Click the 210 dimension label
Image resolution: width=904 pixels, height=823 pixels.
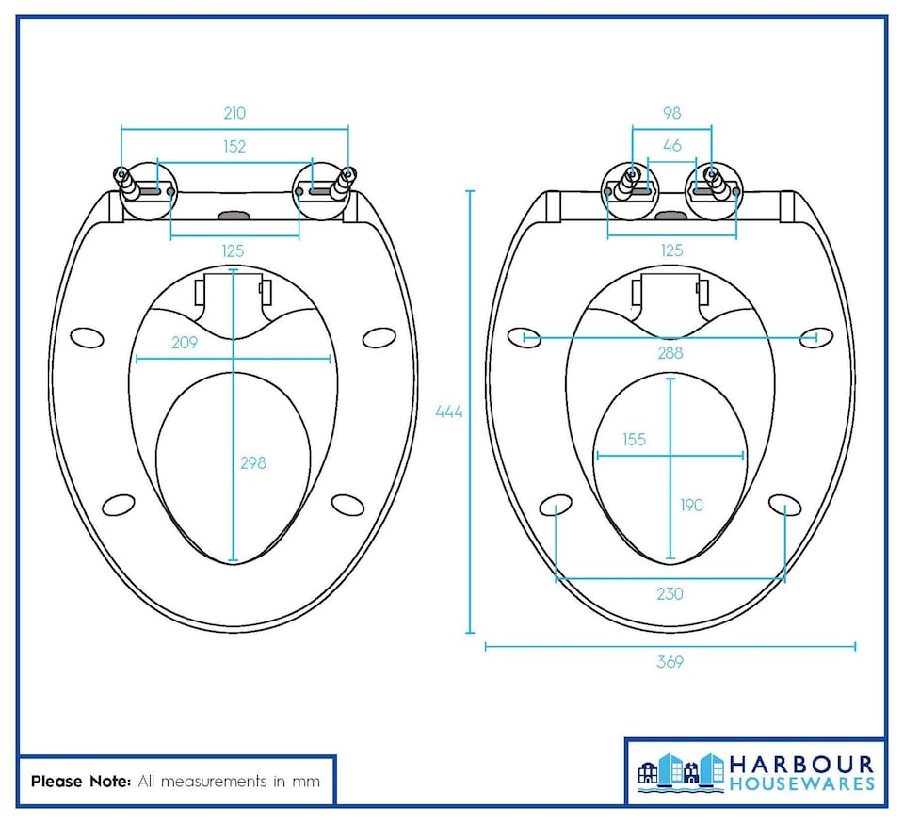coord(234,113)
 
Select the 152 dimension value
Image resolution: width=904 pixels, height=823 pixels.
coord(234,146)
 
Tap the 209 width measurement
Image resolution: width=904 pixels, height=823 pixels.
coord(185,343)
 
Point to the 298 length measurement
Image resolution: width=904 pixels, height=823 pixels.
coord(253,462)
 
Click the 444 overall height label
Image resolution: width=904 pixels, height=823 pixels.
coord(449,411)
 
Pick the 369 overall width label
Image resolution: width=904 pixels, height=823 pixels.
coord(670,662)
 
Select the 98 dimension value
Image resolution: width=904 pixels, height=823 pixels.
coord(671,113)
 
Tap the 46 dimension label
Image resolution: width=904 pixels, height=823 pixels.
coord(671,146)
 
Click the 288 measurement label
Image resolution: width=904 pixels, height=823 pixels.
coord(670,353)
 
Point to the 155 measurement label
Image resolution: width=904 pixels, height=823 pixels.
coord(634,440)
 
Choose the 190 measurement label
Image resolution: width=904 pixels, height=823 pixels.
coord(691,506)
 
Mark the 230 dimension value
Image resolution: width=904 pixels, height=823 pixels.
coord(670,594)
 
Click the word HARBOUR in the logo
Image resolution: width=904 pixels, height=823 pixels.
coord(801,764)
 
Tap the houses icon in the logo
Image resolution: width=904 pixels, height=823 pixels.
coord(681,769)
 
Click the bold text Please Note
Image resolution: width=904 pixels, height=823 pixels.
coord(81,782)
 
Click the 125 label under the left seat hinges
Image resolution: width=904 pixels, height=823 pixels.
coord(233,250)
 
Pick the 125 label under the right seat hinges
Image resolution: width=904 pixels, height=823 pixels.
coord(671,250)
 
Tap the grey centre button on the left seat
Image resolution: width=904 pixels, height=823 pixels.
coord(234,215)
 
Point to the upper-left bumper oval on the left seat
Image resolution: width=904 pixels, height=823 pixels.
coord(88,337)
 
